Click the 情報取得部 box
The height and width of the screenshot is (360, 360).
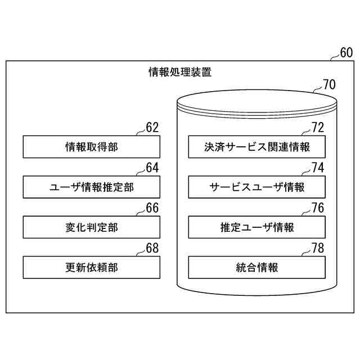[x=91, y=147]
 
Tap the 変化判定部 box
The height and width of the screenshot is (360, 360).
[x=91, y=227]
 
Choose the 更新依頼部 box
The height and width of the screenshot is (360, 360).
[x=91, y=267]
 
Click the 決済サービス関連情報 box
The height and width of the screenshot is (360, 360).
[x=256, y=147]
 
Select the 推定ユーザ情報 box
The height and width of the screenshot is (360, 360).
[x=256, y=227]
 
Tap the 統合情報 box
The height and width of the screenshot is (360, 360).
[x=256, y=267]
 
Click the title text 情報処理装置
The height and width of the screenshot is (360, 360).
[x=180, y=73]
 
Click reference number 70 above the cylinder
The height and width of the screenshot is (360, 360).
[x=328, y=85]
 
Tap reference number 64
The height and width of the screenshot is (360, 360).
[x=152, y=167]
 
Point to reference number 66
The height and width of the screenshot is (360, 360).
[x=152, y=208]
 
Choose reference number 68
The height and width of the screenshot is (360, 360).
[x=152, y=247]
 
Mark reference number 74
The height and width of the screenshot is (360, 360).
[x=318, y=167]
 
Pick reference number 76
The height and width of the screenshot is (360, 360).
[x=318, y=208]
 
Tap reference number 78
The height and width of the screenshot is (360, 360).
[x=318, y=247]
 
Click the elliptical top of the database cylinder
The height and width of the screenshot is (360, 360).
[x=256, y=102]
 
